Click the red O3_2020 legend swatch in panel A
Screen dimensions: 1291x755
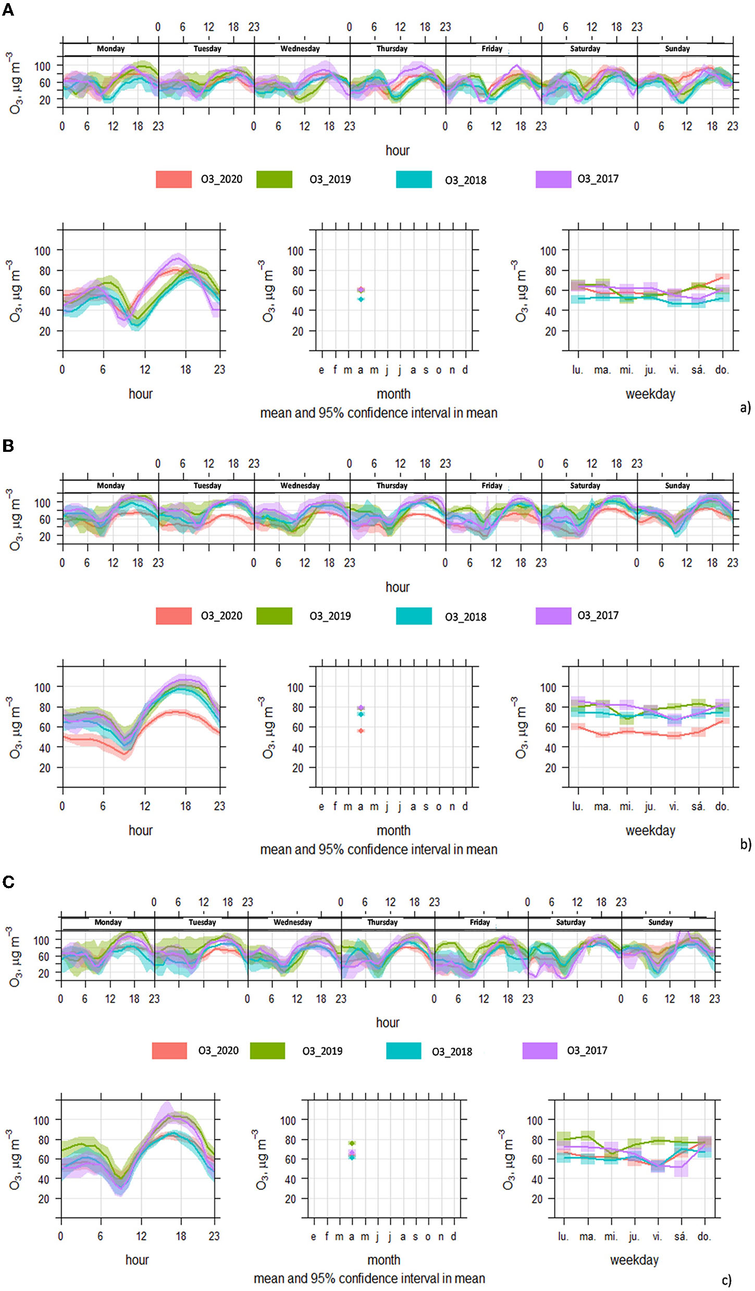pyautogui.click(x=174, y=179)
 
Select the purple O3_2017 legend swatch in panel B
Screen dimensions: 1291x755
pyautogui.click(x=553, y=616)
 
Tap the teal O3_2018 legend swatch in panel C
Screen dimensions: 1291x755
pyautogui.click(x=403, y=1050)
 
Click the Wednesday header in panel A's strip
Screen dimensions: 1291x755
pyautogui.click(x=300, y=49)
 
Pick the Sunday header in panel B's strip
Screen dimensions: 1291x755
pyautogui.click(x=677, y=486)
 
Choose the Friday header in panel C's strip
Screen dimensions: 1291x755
pyautogui.click(x=479, y=922)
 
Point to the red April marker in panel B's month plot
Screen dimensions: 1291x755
pyautogui.click(x=361, y=731)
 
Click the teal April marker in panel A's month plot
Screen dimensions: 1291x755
pyautogui.click(x=361, y=299)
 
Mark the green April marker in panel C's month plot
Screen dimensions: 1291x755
pyautogui.click(x=352, y=1143)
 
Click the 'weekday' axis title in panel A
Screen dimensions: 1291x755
pyautogui.click(x=650, y=394)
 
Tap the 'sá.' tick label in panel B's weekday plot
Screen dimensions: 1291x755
pyautogui.click(x=698, y=806)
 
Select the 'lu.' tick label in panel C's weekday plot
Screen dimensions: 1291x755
pyautogui.click(x=563, y=1236)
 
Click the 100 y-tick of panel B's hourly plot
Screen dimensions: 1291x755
pyautogui.click(x=42, y=687)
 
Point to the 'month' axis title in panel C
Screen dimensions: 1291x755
pyautogui.click(x=383, y=1260)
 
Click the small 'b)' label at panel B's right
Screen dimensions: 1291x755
pyautogui.click(x=745, y=843)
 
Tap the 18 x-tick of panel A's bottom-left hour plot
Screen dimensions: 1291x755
pyautogui.click(x=185, y=370)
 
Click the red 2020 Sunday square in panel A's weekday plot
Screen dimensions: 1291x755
pyautogui.click(x=722, y=277)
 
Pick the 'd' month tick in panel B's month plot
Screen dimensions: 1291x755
pyautogui.click(x=465, y=806)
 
